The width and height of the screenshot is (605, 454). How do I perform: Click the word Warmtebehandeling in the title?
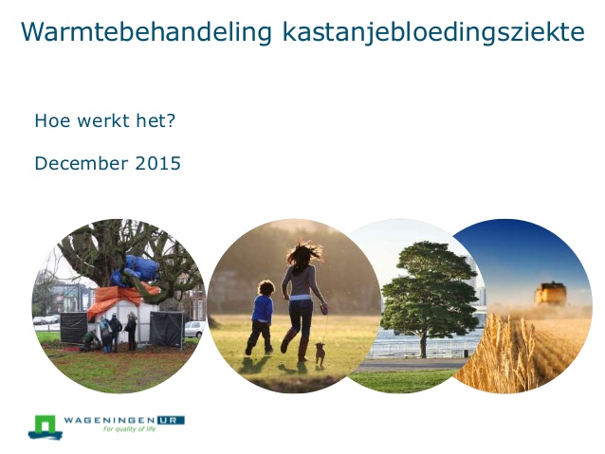(x=147, y=32)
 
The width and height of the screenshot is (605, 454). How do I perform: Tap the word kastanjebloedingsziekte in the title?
(x=433, y=32)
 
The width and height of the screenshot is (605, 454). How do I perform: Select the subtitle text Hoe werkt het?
(x=105, y=120)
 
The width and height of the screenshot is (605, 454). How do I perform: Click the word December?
(x=82, y=163)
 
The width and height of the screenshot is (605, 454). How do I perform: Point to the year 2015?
(x=157, y=163)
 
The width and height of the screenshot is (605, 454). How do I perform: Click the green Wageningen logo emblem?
(x=46, y=427)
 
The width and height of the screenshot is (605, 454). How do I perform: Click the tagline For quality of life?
(x=129, y=429)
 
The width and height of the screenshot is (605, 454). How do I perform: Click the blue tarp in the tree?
(x=136, y=270)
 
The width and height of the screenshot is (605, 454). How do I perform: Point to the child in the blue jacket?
(x=261, y=318)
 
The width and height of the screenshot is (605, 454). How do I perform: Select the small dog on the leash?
(x=320, y=354)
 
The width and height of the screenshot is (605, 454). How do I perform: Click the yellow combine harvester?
(x=550, y=294)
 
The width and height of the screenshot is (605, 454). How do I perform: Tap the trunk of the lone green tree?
(x=424, y=344)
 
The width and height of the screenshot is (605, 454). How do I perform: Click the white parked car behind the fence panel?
(x=194, y=329)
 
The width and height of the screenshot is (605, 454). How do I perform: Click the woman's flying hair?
(x=303, y=254)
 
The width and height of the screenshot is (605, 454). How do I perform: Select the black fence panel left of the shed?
(x=73, y=328)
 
